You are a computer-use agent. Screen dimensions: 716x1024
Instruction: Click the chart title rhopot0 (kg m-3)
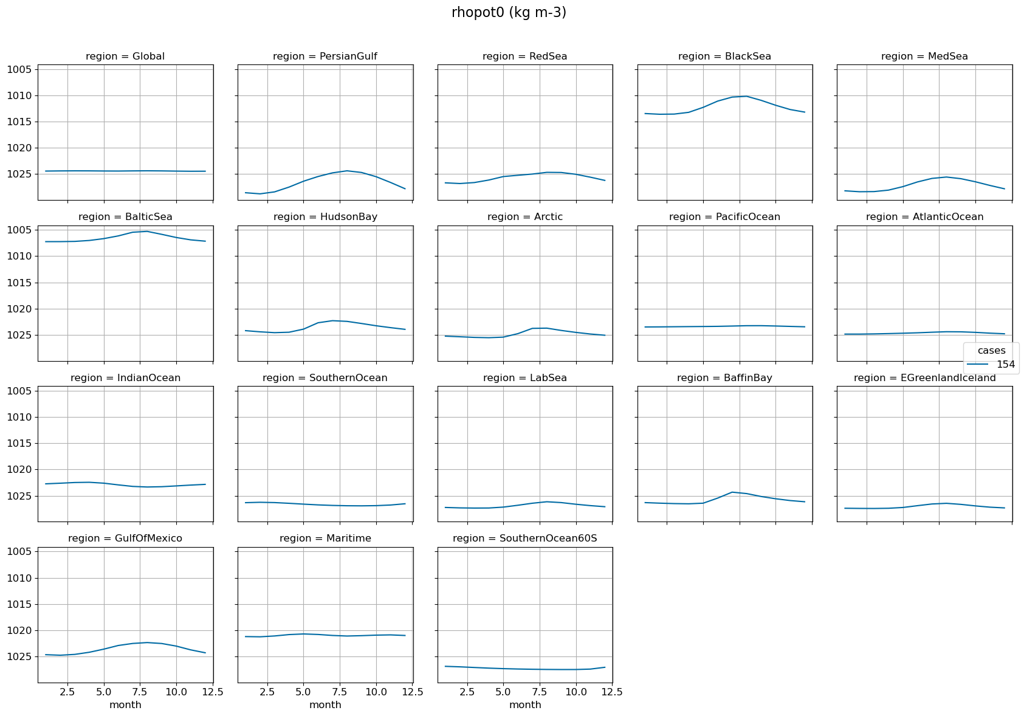click(x=509, y=13)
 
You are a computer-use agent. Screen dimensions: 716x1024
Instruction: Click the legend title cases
click(x=991, y=351)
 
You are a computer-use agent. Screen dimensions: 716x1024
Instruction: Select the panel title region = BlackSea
click(x=724, y=57)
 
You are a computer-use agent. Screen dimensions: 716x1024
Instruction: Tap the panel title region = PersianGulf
click(x=325, y=57)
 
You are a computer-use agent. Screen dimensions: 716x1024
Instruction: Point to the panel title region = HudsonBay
click(x=325, y=217)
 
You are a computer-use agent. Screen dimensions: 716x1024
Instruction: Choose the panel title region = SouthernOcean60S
click(x=525, y=539)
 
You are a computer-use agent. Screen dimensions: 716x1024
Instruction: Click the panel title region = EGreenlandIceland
click(x=924, y=378)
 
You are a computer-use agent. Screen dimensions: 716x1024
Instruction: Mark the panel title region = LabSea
click(x=525, y=378)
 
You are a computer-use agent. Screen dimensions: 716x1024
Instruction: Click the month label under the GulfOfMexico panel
click(x=125, y=705)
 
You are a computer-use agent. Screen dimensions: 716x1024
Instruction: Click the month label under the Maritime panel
click(x=325, y=705)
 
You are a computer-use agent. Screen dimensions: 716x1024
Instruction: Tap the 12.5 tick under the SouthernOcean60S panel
click(x=612, y=692)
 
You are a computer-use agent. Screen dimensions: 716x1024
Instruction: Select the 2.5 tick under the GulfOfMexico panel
click(x=67, y=692)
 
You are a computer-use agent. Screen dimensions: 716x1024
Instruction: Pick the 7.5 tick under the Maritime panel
click(x=340, y=692)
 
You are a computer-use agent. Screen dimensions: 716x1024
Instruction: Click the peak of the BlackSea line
click(x=746, y=96)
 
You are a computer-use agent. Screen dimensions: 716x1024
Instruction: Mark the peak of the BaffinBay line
click(x=732, y=492)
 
